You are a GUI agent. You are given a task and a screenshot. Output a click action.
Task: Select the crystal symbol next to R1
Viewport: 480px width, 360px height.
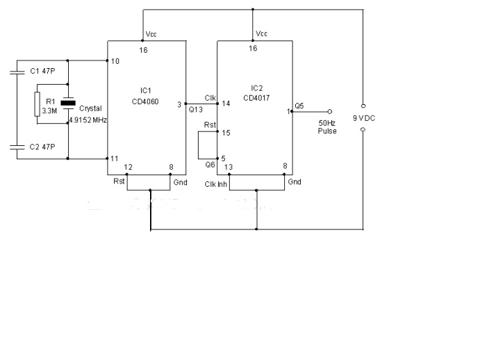[x=67, y=104]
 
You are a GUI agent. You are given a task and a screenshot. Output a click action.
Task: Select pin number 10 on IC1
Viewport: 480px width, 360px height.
[x=115, y=62]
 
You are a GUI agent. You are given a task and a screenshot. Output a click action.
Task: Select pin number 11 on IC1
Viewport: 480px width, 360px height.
[x=115, y=159]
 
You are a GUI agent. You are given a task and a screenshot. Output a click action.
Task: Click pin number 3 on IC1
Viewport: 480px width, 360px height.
[x=179, y=104]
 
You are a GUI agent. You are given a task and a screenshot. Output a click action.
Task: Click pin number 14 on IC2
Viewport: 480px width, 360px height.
[x=226, y=104]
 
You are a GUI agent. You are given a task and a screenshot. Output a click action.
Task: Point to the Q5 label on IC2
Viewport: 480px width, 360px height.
[x=299, y=105]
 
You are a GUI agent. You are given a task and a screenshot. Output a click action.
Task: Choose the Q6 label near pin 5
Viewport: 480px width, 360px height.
[x=210, y=164]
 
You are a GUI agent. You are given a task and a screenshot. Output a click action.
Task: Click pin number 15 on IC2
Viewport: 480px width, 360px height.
[x=226, y=132]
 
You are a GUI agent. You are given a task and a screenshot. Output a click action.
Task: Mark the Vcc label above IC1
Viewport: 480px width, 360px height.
[x=151, y=34]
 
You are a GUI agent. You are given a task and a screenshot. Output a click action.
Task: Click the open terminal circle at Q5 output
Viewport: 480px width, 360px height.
[x=329, y=111]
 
